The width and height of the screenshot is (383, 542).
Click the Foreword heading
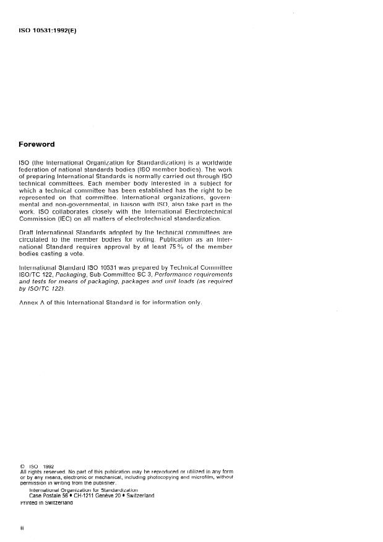pos(37,144)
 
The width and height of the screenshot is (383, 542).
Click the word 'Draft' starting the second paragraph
pos(28,232)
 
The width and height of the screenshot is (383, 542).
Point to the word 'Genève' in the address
pos(108,496)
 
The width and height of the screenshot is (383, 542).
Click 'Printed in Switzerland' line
pos(46,502)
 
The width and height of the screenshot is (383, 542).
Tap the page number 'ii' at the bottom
pos(22,529)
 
